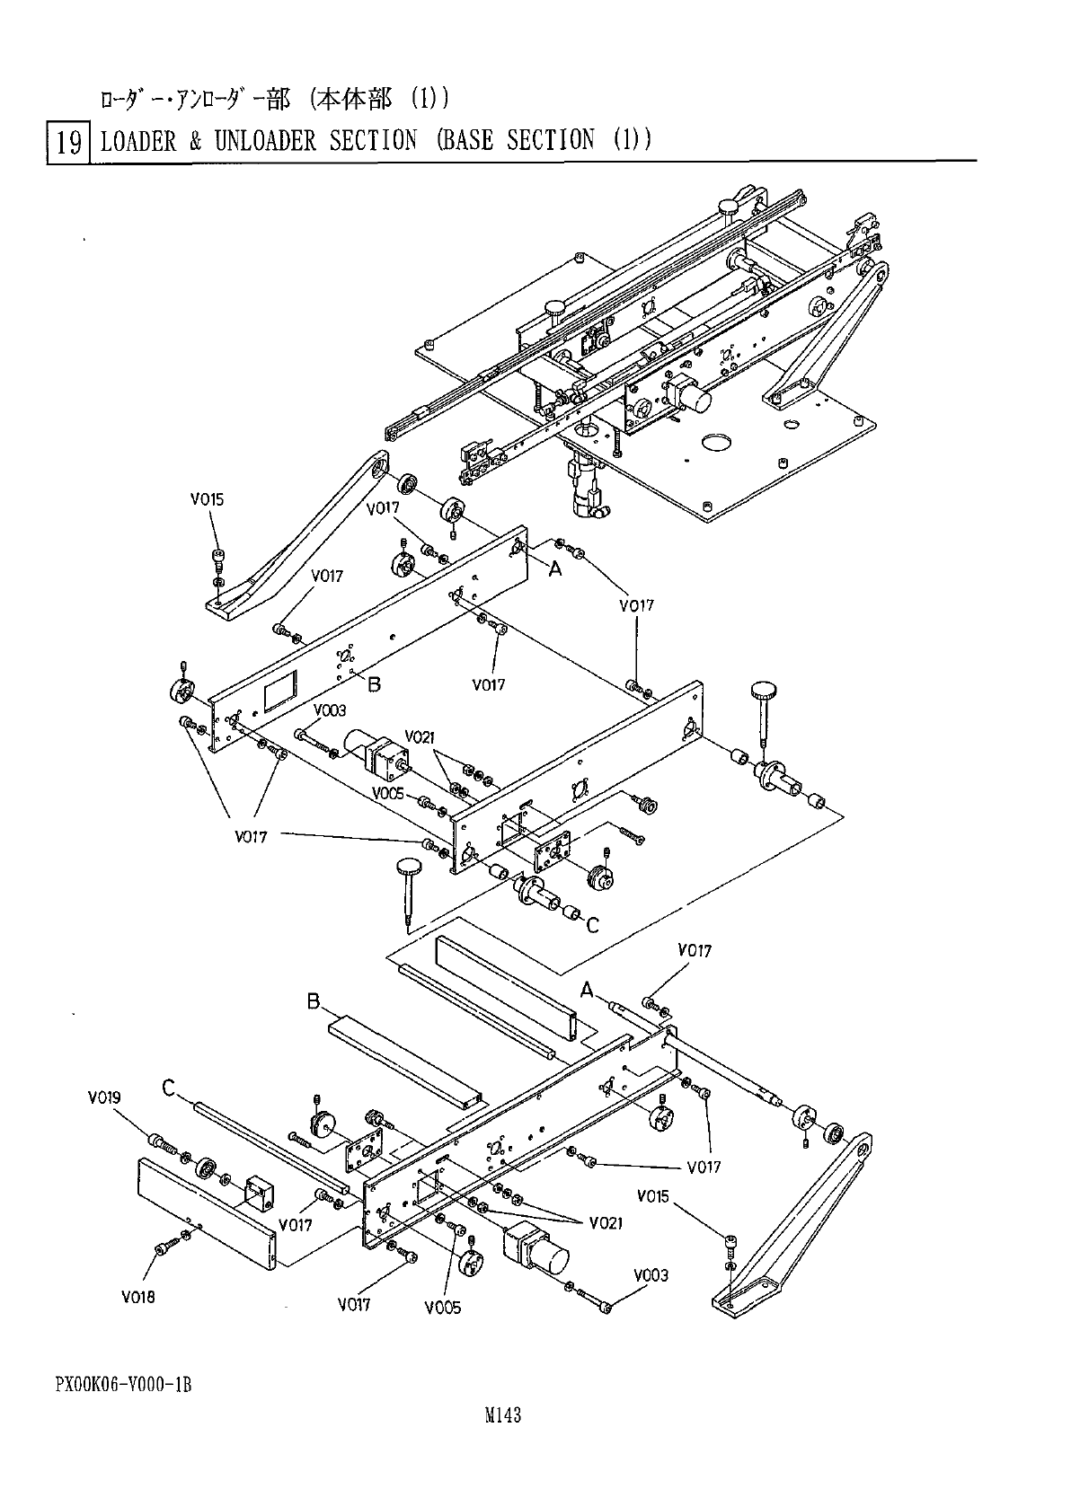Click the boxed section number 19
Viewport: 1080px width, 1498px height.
[68, 141]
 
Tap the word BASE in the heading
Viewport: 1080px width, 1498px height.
[465, 140]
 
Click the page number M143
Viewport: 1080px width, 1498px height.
[503, 1415]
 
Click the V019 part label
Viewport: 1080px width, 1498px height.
[104, 1097]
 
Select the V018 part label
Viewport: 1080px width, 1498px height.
[138, 1297]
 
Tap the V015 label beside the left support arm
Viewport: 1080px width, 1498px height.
[207, 499]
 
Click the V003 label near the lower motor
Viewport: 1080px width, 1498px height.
[651, 1275]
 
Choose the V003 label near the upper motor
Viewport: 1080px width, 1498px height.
[329, 710]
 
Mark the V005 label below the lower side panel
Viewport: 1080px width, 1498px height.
[443, 1308]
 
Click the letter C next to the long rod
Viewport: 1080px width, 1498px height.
[168, 1088]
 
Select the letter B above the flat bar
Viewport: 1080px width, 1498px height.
[314, 1000]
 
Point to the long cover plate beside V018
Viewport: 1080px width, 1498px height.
[205, 1212]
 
